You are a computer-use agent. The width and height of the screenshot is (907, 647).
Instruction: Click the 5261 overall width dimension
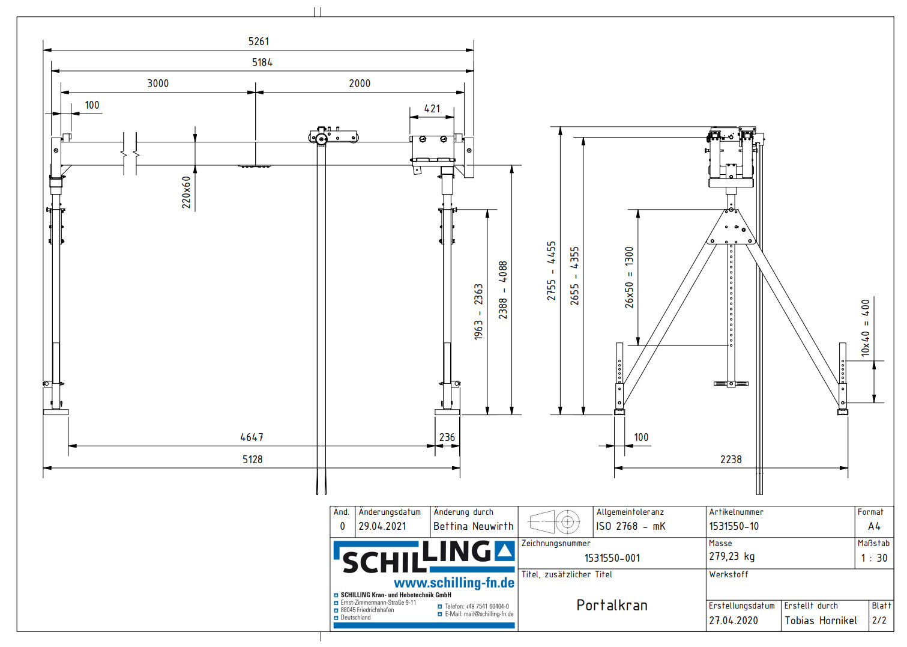[259, 41]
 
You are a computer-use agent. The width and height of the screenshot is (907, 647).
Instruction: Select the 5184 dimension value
[262, 62]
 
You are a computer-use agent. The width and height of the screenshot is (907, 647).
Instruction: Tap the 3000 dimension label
[158, 84]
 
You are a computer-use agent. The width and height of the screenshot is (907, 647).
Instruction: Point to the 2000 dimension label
[360, 84]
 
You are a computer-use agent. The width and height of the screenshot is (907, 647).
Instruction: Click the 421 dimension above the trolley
[432, 109]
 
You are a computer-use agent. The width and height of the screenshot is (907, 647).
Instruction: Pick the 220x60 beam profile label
[186, 192]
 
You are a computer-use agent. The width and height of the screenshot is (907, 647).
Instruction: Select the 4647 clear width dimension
[252, 437]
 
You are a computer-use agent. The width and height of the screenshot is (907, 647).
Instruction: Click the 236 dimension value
[447, 437]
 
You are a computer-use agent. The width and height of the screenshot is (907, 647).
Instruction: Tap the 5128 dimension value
[252, 460]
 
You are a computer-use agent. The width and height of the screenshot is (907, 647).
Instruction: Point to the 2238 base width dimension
[731, 460]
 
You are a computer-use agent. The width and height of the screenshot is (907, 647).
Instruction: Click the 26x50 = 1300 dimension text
[629, 277]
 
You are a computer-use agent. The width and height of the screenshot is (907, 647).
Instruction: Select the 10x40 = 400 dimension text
[865, 328]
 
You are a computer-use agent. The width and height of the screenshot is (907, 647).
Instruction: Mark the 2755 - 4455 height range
[551, 271]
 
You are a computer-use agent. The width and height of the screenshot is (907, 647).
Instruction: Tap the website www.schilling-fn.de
[454, 583]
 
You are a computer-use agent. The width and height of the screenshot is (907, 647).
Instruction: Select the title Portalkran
[612, 605]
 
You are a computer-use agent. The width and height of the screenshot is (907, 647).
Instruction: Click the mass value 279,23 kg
[732, 557]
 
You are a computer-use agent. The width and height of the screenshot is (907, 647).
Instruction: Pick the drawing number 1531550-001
[612, 558]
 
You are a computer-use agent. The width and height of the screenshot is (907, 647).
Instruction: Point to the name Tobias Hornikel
[821, 621]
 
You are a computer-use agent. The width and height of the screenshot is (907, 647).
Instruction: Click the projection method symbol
[555, 522]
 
